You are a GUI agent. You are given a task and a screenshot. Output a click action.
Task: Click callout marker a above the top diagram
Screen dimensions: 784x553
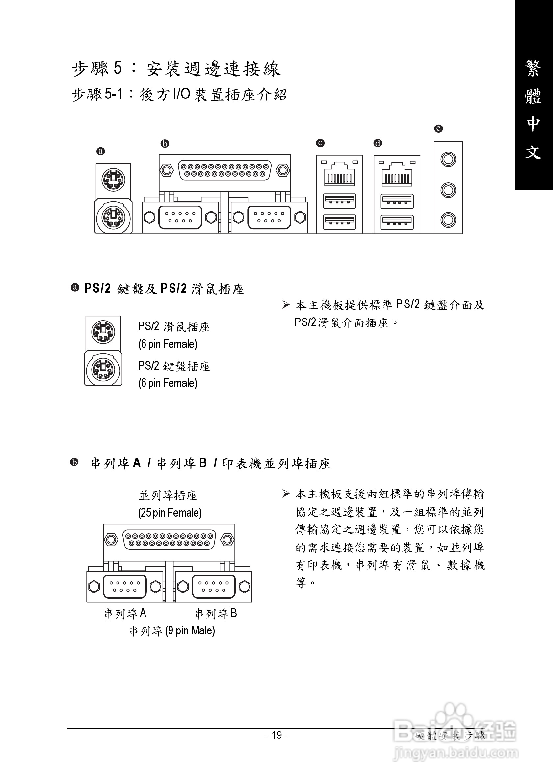pyautogui.click(x=101, y=151)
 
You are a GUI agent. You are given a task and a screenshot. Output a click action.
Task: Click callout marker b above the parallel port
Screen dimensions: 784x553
pyautogui.click(x=165, y=144)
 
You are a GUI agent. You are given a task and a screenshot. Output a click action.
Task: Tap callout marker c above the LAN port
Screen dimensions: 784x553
pyautogui.click(x=320, y=143)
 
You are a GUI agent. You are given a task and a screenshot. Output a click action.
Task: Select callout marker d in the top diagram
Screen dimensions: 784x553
pyautogui.click(x=378, y=143)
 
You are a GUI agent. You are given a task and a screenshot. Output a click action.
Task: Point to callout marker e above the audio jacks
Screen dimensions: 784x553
pyautogui.click(x=438, y=129)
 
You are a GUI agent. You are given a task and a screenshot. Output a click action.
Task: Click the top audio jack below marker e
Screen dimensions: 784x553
pyautogui.click(x=448, y=159)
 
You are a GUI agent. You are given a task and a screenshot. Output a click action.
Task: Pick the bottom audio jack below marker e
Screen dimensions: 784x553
pyautogui.click(x=448, y=220)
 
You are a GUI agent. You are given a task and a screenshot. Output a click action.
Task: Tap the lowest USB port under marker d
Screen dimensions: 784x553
pyautogui.click(x=397, y=222)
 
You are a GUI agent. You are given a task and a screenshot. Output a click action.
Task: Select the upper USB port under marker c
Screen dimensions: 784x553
pyautogui.click(x=339, y=201)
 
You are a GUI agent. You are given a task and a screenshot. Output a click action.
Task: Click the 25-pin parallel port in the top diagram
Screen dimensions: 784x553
pyautogui.click(x=224, y=170)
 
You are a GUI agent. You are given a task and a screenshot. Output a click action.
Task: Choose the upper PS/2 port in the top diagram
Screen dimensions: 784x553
pyautogui.click(x=113, y=179)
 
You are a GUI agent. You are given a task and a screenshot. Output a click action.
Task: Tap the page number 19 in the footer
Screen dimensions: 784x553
pyautogui.click(x=276, y=735)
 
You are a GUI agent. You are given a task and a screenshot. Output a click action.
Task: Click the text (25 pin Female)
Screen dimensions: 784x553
pyautogui.click(x=170, y=513)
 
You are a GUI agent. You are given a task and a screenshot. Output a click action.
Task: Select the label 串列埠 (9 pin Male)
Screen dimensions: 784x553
pyautogui.click(x=172, y=630)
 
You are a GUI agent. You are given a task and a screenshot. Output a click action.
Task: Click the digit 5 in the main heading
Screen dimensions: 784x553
pyautogui.click(x=118, y=68)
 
